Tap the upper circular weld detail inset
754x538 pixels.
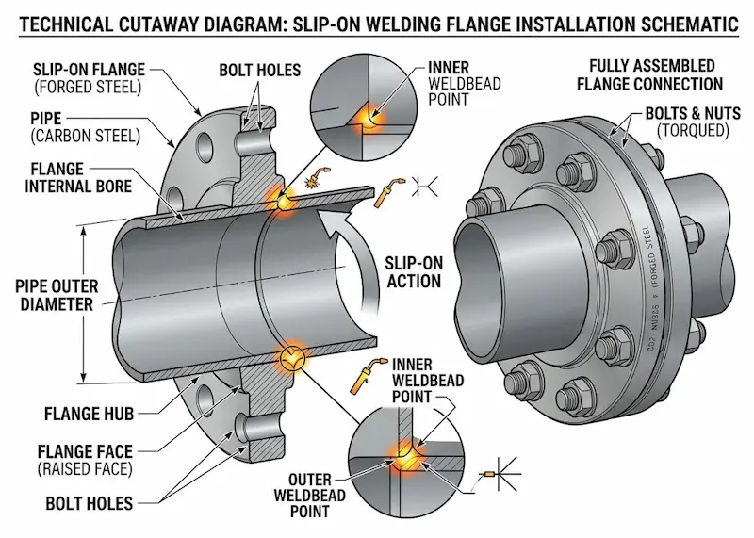point(368,107)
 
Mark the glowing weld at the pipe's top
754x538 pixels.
point(280,199)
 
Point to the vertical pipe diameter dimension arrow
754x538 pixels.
point(84,302)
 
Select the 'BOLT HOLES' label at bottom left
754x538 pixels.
point(80,503)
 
